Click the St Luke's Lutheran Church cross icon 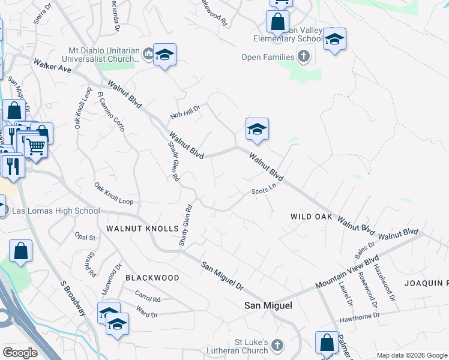(x=277, y=345)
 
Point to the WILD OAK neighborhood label (x=311, y=216)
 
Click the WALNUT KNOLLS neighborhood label (x=142, y=229)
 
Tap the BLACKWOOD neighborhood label (x=152, y=278)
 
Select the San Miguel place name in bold (x=268, y=305)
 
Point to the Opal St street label (x=85, y=238)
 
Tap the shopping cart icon (x=35, y=145)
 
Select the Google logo (x=20, y=353)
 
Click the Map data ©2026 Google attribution (x=411, y=355)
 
